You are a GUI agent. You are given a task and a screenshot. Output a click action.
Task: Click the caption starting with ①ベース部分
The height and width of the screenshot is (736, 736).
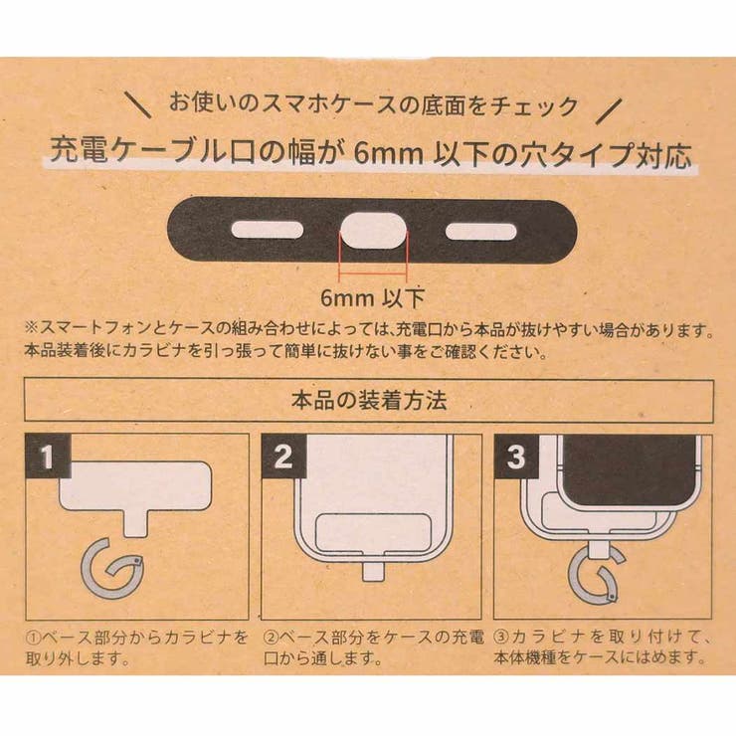(133, 645)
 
